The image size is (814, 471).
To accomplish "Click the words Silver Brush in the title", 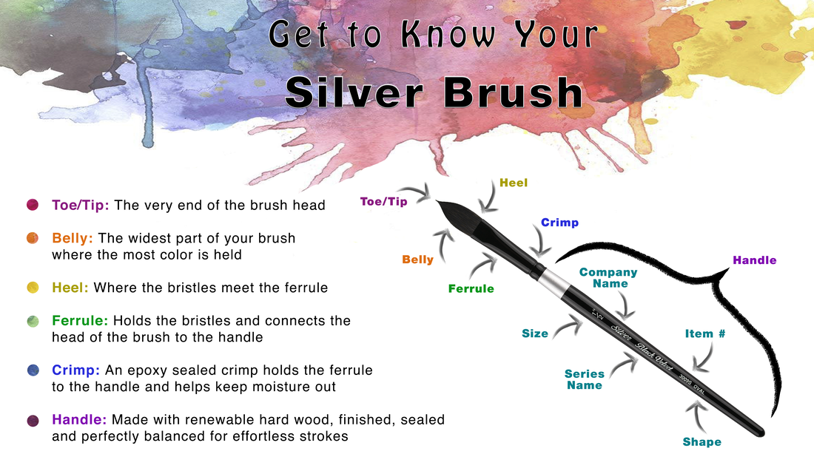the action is (434, 92).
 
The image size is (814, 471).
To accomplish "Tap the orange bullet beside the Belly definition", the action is (33, 238).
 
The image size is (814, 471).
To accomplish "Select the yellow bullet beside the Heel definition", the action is (33, 288).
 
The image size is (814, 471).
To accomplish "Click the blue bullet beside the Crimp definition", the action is (33, 370).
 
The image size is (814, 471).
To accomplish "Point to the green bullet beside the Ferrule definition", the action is (33, 321).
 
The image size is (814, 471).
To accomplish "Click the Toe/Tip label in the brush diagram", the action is (383, 202).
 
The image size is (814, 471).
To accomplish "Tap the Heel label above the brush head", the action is (514, 183).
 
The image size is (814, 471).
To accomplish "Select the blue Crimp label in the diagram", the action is (559, 223).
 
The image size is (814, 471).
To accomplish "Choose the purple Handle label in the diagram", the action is (754, 260).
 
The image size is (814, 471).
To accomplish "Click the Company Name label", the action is (608, 277).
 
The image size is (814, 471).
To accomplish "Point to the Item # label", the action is (705, 333).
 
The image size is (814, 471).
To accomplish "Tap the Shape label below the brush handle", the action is (702, 442).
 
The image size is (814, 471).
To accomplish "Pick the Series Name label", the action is (585, 379).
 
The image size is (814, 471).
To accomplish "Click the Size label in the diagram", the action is (535, 333).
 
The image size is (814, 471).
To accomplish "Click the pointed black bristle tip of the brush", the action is (437, 202).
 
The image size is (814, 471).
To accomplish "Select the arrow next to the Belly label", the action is (443, 246).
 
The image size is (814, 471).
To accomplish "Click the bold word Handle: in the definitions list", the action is (79, 419).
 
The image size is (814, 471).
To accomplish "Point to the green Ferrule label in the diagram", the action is (471, 289).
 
